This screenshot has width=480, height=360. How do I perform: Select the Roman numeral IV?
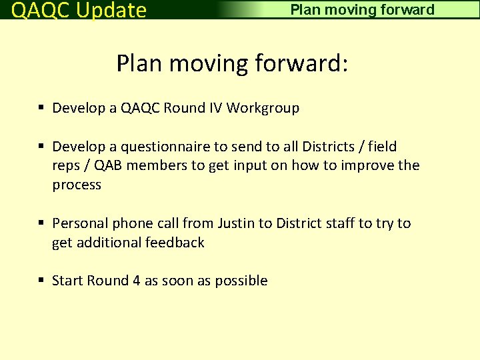[x=214, y=108]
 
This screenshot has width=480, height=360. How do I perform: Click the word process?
[x=77, y=185]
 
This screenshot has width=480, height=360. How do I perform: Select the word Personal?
[x=80, y=223]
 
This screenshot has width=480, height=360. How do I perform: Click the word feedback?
[x=174, y=243]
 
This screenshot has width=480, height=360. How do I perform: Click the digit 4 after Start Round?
[x=136, y=281]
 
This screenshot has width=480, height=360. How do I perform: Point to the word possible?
[x=241, y=281]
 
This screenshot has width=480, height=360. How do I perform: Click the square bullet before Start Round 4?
[x=41, y=281]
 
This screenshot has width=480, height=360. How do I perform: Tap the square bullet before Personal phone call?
[x=41, y=223]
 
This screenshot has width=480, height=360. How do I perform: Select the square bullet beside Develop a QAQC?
[x=41, y=108]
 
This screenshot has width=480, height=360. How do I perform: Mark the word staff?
[x=340, y=223]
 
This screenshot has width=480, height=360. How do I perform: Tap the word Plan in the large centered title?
[x=140, y=64]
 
